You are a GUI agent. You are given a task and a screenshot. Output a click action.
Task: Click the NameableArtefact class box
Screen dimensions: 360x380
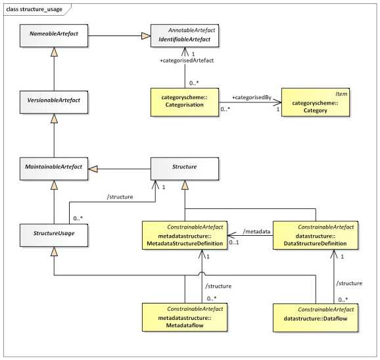(x=55, y=36)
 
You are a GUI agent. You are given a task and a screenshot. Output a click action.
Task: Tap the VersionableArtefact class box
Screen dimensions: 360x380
(x=55, y=102)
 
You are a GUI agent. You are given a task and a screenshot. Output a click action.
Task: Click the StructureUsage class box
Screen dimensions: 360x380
(x=55, y=233)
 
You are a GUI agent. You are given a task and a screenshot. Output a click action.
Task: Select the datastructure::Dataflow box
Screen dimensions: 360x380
(x=316, y=317)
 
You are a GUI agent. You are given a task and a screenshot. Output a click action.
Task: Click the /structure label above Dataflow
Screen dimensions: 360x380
(x=348, y=283)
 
